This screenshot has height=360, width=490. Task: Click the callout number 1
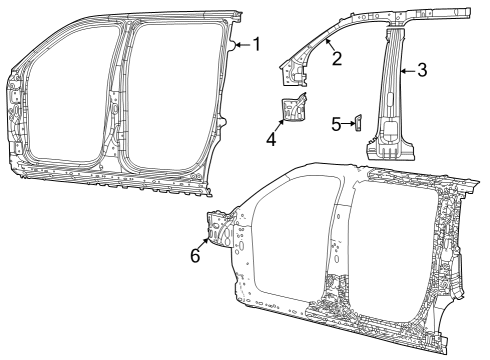256,44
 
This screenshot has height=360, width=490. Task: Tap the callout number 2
337,58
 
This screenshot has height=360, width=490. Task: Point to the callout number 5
336,124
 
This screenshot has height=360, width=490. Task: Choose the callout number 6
196,255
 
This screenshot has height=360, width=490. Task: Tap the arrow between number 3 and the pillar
409,70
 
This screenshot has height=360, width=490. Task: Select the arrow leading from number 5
347,124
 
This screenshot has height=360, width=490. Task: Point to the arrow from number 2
329,45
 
